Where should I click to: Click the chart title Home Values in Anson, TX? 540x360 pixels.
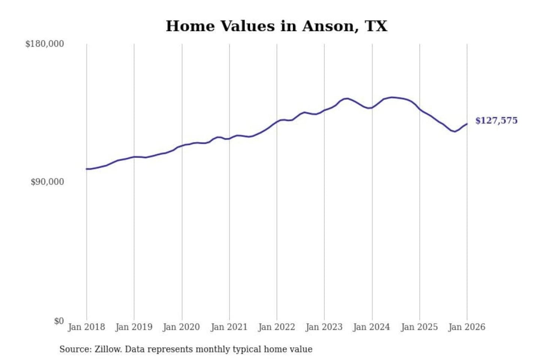tap(276, 26)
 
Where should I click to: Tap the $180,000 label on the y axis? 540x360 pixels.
tap(45, 44)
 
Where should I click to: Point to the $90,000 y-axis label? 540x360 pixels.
tap(47, 182)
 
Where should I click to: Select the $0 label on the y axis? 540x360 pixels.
tap(59, 321)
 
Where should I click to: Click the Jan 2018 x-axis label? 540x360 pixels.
tap(86, 327)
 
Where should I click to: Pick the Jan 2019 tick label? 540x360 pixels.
tap(134, 327)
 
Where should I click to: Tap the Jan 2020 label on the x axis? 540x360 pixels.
tap(181, 327)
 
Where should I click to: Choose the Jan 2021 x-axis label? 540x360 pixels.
tap(229, 327)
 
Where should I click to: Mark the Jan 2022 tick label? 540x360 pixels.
tap(277, 327)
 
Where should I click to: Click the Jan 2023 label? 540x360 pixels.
tap(324, 327)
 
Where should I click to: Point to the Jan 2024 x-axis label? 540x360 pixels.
tap(372, 327)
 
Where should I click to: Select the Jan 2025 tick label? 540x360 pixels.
tap(419, 327)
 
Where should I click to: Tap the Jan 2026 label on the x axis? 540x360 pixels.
tap(467, 327)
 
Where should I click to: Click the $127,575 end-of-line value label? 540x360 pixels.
tap(496, 120)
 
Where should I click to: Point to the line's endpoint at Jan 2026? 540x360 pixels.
tap(467, 124)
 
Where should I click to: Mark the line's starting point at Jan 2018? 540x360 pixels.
tap(87, 169)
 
